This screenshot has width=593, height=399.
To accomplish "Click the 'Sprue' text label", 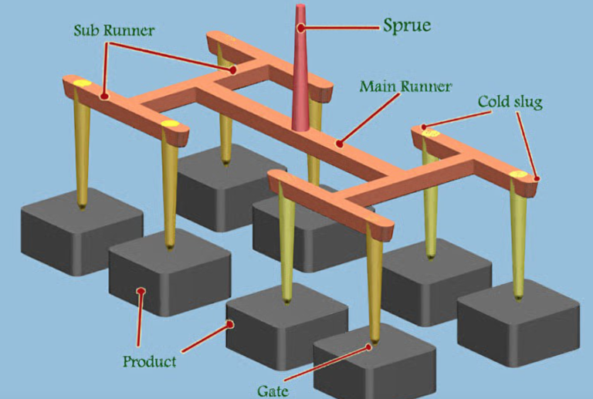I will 407,25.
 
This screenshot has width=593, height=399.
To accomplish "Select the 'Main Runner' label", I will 405,86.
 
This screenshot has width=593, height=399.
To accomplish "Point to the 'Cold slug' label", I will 510,102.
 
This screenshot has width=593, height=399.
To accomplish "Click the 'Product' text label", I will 150,360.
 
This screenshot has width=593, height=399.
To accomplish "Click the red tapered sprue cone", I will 300,77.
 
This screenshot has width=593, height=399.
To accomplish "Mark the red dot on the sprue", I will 302,29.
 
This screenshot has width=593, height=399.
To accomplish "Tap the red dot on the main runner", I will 337,143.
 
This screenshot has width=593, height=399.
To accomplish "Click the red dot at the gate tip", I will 370,346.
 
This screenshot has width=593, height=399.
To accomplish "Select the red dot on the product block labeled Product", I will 141,291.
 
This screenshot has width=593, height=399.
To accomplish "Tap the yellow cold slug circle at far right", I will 518,174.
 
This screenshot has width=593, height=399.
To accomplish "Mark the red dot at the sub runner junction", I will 232,70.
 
